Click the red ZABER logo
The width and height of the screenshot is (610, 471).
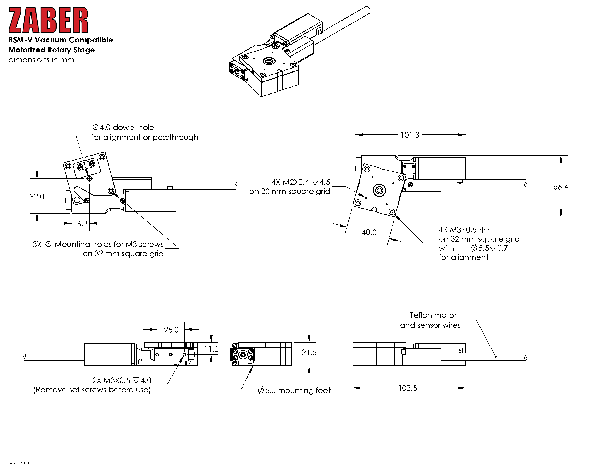[x=48, y=20]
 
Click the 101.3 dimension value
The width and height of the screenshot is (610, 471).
[x=410, y=135]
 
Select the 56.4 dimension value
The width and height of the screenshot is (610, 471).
[x=561, y=187]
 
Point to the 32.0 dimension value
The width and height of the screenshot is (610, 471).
[x=37, y=197]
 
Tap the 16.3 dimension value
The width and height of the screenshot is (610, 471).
[x=80, y=223]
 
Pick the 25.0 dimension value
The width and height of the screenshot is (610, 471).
[x=171, y=330]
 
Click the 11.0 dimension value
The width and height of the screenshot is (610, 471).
[x=211, y=349]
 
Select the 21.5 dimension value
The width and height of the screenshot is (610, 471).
[x=309, y=353]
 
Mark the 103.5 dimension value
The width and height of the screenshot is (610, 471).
[x=408, y=388]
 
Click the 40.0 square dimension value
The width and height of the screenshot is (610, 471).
[x=369, y=232]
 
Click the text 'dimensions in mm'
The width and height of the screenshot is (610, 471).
[x=41, y=60]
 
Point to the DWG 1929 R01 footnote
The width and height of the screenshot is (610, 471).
[x=18, y=463]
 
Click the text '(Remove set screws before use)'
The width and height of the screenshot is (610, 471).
[x=92, y=390]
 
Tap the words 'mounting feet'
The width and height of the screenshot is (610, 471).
[x=304, y=390]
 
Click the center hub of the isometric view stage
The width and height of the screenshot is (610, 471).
[x=269, y=61]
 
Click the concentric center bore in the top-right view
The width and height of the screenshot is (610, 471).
[x=379, y=190]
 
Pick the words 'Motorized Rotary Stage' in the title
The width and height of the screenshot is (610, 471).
[x=52, y=50]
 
